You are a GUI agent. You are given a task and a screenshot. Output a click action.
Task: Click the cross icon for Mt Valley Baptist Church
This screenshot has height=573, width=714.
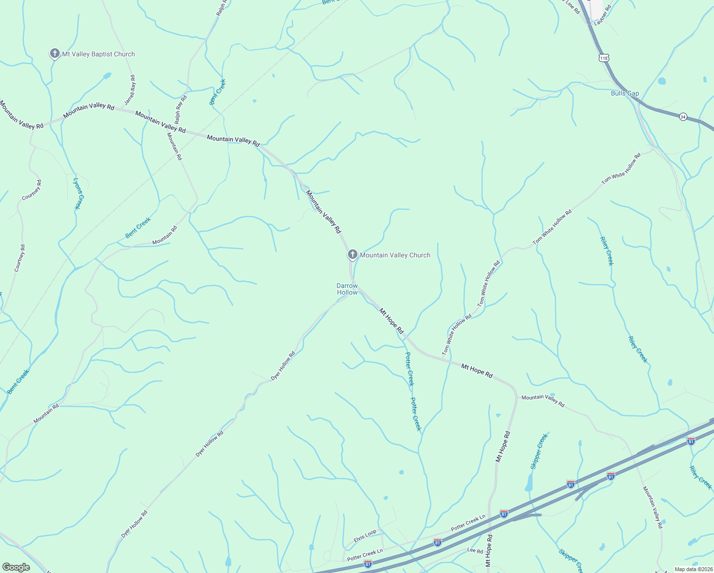(55, 53)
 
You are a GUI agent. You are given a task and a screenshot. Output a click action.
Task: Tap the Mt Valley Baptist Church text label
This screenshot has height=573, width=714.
(98, 54)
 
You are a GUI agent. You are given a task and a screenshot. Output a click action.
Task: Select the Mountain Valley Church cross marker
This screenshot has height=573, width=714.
(352, 255)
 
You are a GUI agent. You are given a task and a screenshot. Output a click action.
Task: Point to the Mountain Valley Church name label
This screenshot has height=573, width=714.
(395, 255)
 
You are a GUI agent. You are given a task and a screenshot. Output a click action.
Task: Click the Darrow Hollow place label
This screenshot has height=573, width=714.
(347, 289)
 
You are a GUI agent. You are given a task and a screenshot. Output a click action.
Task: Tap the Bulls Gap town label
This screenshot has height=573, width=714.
(625, 93)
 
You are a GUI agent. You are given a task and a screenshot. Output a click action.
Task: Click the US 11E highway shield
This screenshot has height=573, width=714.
(604, 58)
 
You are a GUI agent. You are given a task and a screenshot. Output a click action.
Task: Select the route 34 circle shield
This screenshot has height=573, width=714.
(683, 117)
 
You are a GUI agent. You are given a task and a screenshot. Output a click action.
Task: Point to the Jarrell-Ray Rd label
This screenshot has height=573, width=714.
(130, 90)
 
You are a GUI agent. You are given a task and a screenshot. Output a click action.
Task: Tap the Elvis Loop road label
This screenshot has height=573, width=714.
(365, 535)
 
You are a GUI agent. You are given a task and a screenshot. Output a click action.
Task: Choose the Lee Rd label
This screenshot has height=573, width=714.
(475, 551)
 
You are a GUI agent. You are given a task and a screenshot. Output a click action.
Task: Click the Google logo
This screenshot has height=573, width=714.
(16, 567)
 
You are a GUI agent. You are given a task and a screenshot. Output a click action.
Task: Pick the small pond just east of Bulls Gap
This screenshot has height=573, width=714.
(661, 81)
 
